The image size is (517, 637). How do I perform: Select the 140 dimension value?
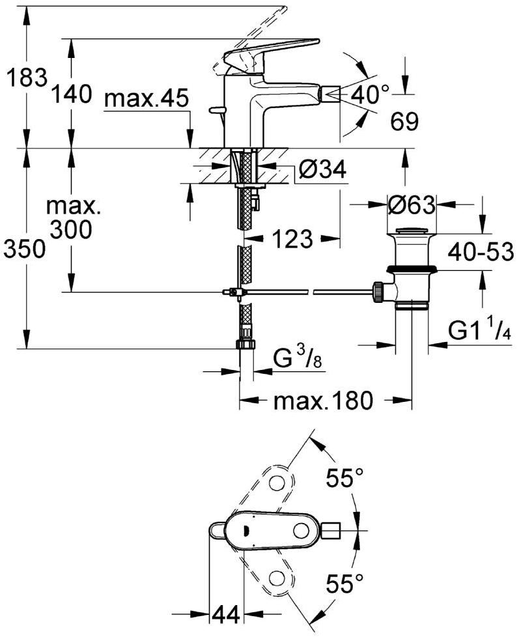(72, 95)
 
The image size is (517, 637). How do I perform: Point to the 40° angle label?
(369, 95)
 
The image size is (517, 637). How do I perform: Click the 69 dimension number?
(404, 121)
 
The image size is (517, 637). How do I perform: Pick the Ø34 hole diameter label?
(322, 171)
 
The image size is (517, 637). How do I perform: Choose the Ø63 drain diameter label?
(411, 205)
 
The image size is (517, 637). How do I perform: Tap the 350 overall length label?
(25, 249)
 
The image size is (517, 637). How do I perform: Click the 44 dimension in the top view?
(224, 614)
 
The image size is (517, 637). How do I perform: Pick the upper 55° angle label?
(344, 480)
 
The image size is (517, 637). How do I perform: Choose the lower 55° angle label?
(344, 582)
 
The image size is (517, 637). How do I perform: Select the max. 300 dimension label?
(74, 218)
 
